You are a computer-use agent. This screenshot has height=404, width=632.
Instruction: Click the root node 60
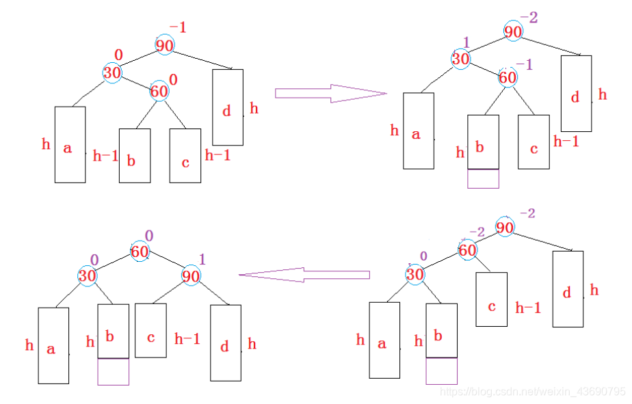tap(140, 252)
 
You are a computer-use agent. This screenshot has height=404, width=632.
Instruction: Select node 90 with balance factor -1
tap(163, 45)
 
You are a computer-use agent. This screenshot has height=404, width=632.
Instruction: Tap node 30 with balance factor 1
tap(460, 59)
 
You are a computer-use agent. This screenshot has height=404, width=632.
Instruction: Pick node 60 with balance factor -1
tap(508, 77)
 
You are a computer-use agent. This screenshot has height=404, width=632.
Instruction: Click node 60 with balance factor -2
tap(467, 250)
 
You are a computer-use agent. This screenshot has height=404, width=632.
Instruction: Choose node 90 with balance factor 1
tap(191, 275)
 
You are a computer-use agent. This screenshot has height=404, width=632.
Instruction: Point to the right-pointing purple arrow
tap(330, 94)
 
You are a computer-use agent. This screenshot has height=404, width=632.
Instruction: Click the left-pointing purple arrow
tap(304, 275)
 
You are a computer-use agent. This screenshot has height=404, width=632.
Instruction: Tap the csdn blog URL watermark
tap(532, 392)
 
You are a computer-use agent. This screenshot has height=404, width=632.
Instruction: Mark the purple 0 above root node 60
tap(148, 236)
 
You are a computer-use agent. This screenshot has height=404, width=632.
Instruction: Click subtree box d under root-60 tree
tap(225, 342)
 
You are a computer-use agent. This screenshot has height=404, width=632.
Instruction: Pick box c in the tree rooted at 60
tap(150, 330)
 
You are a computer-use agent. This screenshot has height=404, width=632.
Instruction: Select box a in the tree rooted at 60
tap(53, 345)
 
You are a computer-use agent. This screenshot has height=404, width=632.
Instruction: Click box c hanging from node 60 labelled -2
tap(491, 299)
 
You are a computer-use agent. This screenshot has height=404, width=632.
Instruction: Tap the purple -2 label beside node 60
tap(476, 233)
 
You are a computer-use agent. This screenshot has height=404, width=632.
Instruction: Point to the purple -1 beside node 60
tap(524, 64)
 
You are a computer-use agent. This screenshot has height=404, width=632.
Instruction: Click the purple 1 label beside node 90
tap(202, 259)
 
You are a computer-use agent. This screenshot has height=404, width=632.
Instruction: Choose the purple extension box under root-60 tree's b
tap(114, 372)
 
